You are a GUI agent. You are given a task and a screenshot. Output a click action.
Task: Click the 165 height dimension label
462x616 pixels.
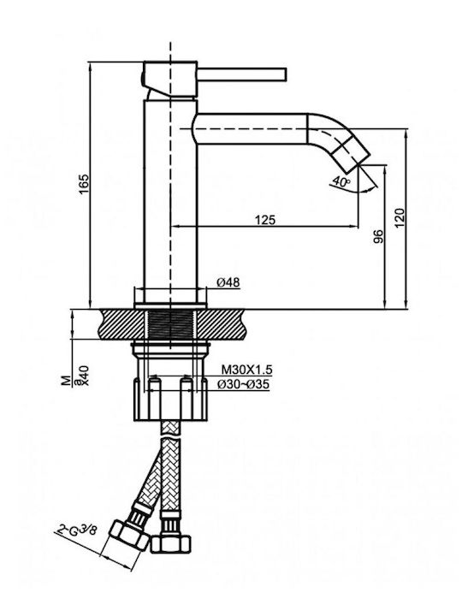click(84, 183)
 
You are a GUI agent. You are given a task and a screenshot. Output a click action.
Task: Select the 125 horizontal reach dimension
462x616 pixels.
click(265, 220)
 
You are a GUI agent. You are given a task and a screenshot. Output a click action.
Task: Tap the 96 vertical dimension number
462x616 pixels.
click(377, 236)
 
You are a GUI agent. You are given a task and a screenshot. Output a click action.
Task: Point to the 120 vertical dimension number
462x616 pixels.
click(400, 218)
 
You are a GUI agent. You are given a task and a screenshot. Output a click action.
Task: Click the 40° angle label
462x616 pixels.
click(341, 181)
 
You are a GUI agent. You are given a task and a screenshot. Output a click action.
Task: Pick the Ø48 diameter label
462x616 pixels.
click(228, 282)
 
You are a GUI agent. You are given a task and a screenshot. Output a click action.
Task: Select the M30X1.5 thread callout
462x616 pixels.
click(246, 370)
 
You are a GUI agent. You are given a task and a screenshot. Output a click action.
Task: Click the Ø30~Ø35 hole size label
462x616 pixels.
click(244, 384)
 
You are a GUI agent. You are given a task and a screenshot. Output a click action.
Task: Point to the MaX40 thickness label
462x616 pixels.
click(78, 376)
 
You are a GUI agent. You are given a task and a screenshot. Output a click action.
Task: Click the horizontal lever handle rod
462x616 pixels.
click(241, 74)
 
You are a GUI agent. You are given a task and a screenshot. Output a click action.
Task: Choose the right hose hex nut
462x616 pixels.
click(171, 544)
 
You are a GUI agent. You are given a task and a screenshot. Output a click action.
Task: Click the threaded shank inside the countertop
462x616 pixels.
click(170, 323)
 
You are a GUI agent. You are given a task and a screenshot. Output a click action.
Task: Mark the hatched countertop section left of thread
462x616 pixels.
click(122, 323)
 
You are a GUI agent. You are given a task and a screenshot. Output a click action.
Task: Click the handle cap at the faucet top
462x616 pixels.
click(169, 79)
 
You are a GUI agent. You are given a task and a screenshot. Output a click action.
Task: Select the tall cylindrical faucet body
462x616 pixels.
click(170, 200)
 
